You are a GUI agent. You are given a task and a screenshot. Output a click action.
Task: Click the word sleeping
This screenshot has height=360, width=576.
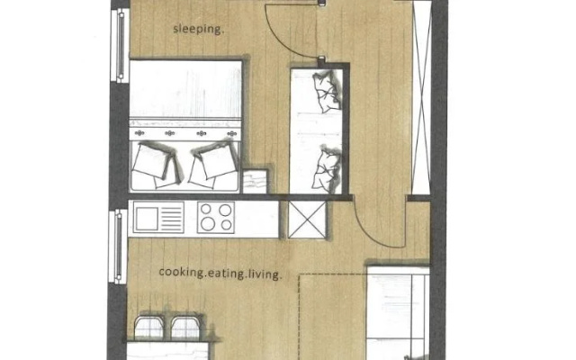[x=198, y=30]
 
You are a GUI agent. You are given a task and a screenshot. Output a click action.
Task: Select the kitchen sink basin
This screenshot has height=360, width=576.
[x=147, y=219]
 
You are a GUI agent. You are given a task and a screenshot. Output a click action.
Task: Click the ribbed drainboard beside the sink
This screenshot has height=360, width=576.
[x=172, y=219]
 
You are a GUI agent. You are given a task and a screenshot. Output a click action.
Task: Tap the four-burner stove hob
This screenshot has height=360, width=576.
[x=216, y=217]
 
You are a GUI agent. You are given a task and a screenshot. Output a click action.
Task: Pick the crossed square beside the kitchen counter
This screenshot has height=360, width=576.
[x=307, y=220]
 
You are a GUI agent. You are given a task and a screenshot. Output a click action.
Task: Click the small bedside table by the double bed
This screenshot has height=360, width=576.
[x=255, y=181]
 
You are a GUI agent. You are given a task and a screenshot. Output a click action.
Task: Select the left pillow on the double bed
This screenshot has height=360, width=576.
[x=156, y=164]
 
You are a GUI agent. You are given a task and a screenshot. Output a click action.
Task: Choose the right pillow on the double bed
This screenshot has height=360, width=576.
[x=213, y=164]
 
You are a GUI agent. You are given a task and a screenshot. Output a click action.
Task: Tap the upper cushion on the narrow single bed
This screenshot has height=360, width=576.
[x=327, y=91]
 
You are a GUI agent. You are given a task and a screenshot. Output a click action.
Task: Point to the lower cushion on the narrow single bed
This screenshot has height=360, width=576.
[x=327, y=169]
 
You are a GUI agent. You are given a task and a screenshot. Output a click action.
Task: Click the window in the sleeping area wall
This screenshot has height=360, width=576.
[x=120, y=46]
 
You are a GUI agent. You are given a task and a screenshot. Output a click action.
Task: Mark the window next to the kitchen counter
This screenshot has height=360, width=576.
[x=118, y=247]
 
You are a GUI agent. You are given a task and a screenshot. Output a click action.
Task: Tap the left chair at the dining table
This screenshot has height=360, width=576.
[x=149, y=327]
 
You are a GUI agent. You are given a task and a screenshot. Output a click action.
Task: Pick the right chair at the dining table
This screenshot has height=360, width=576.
[x=186, y=327]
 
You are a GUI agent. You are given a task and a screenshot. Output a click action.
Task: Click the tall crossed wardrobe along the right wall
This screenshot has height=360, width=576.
[x=421, y=97]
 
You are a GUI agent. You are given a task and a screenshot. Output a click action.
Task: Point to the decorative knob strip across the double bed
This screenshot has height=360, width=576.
[x=185, y=133]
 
